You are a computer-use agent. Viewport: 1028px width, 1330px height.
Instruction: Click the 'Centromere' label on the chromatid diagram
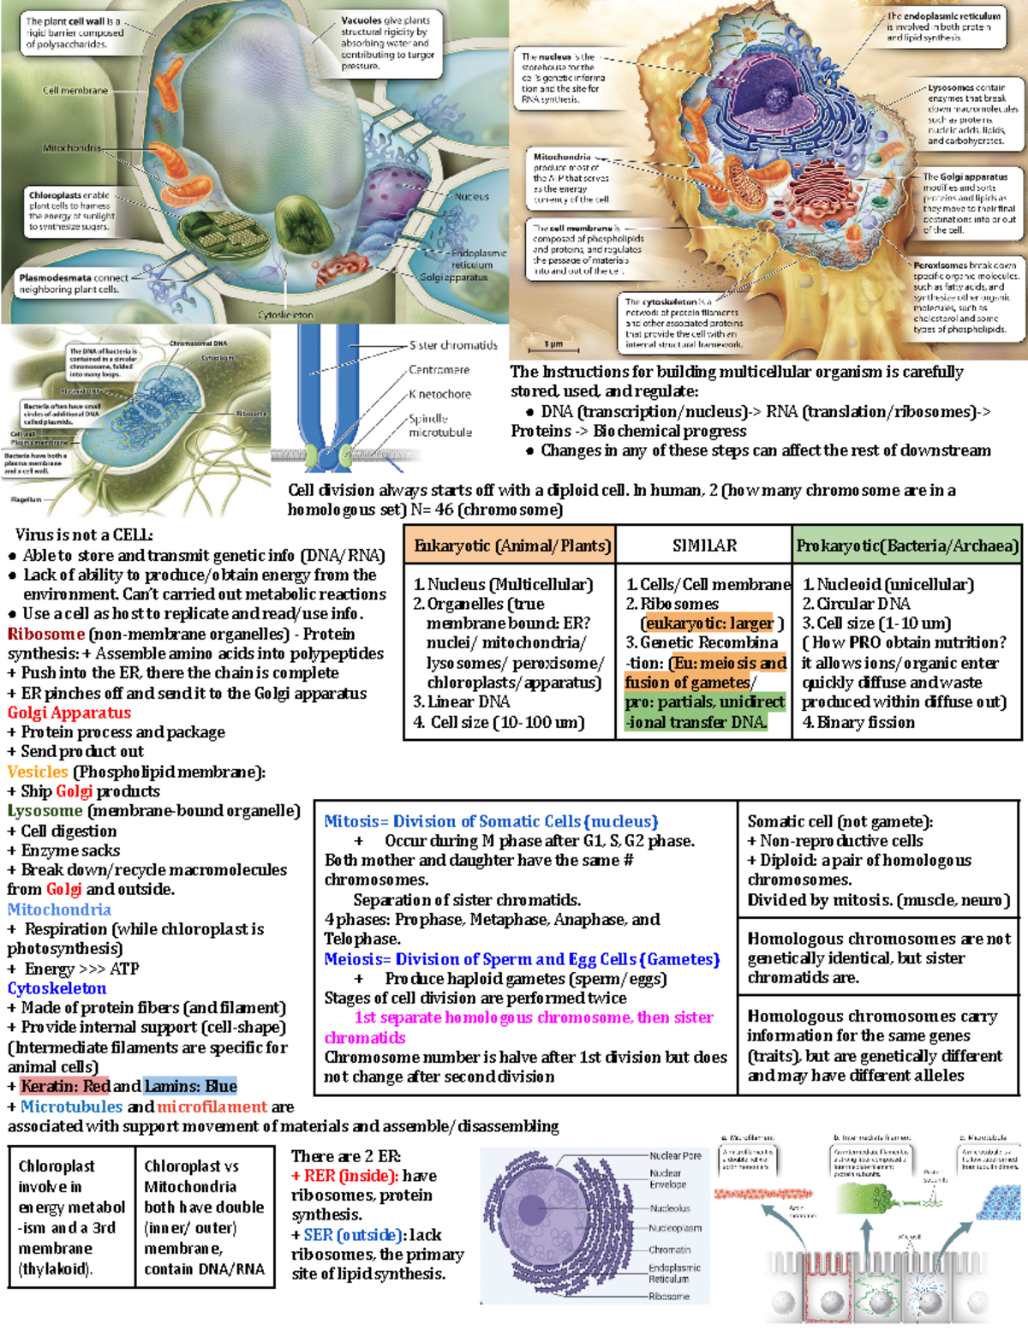[x=439, y=370]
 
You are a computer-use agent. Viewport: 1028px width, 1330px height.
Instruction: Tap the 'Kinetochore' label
[x=439, y=394]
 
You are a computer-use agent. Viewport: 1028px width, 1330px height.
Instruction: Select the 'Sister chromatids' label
[x=453, y=345]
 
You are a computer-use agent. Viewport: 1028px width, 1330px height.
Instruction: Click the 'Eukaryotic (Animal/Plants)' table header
[x=511, y=546]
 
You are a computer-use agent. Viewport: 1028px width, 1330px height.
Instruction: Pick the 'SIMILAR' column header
[x=704, y=546]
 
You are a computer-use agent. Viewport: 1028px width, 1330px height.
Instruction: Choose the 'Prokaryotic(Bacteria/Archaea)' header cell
[x=907, y=546]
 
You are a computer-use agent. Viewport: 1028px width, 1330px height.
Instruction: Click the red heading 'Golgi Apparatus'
[x=69, y=713]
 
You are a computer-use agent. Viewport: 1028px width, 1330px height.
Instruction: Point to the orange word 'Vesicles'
[x=38, y=772]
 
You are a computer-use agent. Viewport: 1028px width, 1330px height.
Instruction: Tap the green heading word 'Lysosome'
[x=45, y=810]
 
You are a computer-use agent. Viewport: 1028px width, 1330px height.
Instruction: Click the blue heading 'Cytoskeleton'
[x=57, y=987]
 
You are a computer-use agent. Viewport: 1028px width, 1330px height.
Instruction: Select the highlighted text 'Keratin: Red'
[x=66, y=1086]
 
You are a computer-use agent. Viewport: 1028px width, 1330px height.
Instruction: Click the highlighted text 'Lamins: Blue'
[x=190, y=1086]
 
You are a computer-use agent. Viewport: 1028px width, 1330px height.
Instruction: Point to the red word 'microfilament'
[x=212, y=1106]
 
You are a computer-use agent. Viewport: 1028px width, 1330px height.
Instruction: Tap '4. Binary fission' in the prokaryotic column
[x=858, y=722]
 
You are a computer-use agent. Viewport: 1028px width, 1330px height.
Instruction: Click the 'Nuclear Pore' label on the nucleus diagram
[x=675, y=1155]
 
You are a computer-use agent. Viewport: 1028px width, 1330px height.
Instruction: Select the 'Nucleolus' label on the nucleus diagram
[x=670, y=1208]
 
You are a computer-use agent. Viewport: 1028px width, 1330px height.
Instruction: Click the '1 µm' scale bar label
[x=554, y=344]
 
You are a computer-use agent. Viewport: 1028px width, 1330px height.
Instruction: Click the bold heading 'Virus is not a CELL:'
[x=84, y=535]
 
